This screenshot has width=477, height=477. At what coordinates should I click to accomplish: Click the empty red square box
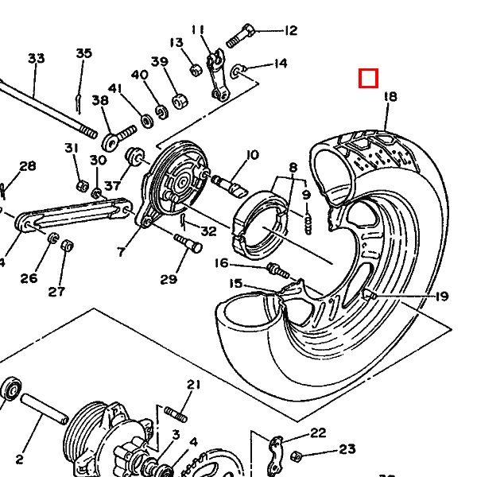[x=368, y=78]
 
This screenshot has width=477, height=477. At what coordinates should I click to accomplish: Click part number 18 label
[x=390, y=96]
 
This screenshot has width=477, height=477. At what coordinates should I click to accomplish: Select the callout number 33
[x=37, y=58]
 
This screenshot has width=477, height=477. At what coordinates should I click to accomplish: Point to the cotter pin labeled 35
[x=79, y=104]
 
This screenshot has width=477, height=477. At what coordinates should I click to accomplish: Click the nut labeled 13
[x=196, y=71]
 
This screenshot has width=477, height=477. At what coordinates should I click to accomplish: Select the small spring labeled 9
[x=308, y=224]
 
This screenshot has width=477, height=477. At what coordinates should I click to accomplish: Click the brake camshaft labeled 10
[x=230, y=185]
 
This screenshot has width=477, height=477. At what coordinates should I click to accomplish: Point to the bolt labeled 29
[x=188, y=243]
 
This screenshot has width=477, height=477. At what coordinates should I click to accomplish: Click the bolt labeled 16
[x=278, y=271]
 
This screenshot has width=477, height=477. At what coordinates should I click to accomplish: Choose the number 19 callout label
[x=442, y=296]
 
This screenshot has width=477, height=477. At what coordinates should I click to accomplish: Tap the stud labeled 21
[x=176, y=414]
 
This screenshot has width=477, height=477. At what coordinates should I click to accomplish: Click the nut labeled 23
[x=296, y=456]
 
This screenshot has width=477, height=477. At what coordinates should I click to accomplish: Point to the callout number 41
[x=115, y=88]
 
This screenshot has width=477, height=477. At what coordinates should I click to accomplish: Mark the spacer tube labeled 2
[x=45, y=409]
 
